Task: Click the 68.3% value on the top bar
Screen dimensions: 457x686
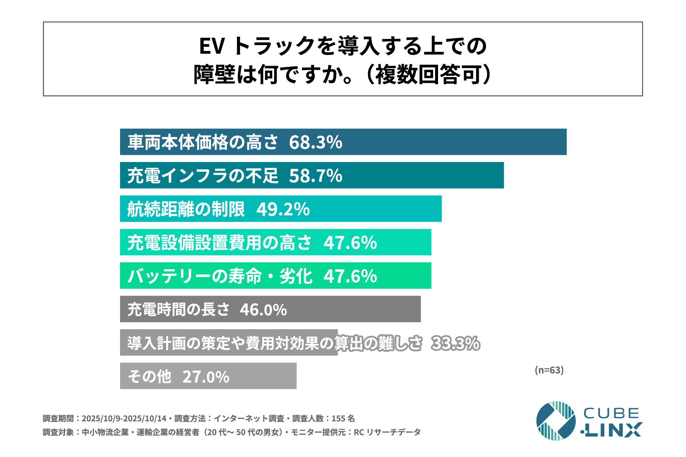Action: coord(315,142)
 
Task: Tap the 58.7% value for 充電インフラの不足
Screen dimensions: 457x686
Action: coord(315,176)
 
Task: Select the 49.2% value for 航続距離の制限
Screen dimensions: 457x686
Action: coord(283,209)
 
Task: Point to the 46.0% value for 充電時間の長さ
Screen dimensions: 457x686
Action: coord(263,310)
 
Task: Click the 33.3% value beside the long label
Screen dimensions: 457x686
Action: coord(456,343)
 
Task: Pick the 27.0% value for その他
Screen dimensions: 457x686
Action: coord(206,377)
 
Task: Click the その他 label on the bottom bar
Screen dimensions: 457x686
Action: coord(149,377)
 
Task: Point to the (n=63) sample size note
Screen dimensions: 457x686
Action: coord(549,370)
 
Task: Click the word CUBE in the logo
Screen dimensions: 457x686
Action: coord(611,413)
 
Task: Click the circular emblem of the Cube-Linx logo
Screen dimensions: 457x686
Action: coord(556,421)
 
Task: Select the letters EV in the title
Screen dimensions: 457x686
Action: coord(212,46)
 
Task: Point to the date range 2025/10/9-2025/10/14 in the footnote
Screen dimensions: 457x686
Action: coord(124,418)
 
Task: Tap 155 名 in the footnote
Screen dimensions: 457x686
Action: coord(343,418)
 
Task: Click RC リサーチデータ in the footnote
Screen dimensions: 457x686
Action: coord(387,432)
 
